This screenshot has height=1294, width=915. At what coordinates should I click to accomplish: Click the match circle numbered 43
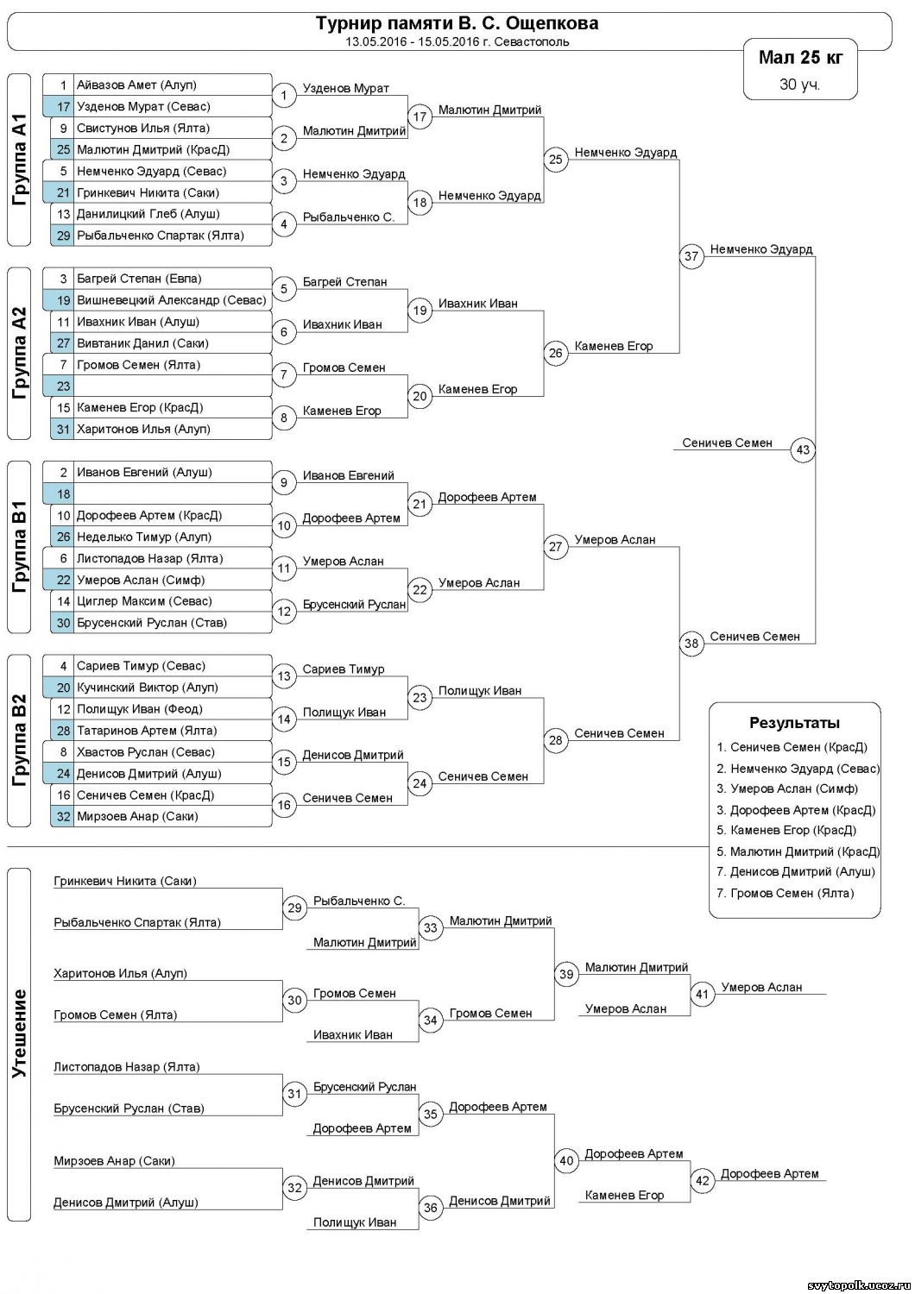[804, 449]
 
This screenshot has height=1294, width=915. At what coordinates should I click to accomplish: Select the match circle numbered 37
[691, 256]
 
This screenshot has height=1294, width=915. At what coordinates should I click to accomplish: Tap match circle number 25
[556, 159]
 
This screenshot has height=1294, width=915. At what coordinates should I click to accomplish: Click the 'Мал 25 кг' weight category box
[800, 69]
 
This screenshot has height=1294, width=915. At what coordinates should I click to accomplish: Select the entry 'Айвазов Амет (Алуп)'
[136, 85]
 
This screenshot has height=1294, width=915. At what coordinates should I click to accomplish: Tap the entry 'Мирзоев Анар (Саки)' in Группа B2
[137, 816]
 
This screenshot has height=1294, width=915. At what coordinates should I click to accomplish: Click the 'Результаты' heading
[794, 723]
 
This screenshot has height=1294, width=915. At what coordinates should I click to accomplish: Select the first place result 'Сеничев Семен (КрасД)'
[798, 747]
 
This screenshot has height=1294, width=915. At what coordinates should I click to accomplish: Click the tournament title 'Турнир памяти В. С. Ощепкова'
[457, 23]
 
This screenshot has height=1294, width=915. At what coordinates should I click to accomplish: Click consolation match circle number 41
[703, 994]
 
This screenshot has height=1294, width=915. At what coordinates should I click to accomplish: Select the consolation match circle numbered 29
[295, 908]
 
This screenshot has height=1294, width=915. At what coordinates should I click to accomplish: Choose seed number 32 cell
[63, 816]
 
